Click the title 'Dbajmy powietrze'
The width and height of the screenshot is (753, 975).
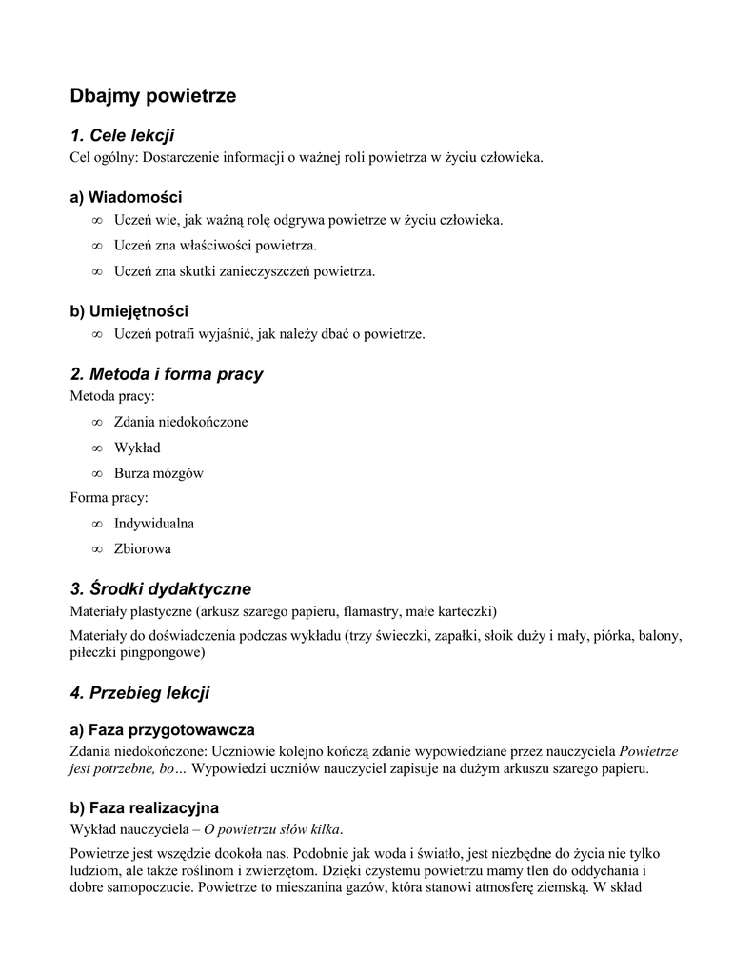152,96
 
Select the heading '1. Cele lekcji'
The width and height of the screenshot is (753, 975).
122,136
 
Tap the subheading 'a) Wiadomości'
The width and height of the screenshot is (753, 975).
126,197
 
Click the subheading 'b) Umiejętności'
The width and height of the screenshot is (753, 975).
129,311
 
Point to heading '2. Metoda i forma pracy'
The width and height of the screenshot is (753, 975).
167,374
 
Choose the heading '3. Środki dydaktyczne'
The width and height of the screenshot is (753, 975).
161,588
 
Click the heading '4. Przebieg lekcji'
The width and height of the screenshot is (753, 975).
140,693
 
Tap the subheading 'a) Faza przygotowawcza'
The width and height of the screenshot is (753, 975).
162,730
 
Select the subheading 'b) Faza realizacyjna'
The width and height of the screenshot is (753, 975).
145,807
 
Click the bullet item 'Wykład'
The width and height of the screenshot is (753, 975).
137,448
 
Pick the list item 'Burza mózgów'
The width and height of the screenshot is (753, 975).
158,473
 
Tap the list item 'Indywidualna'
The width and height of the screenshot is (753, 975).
154,524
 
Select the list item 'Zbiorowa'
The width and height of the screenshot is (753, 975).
143,549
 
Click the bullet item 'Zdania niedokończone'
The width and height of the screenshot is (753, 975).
181,422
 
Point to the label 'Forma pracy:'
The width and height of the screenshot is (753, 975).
109,497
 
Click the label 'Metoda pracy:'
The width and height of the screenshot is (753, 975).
112,395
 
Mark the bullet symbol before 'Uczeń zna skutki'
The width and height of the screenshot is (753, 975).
97,272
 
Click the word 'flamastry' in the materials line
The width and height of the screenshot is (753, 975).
374,610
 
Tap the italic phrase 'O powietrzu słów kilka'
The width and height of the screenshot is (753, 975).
272,827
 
